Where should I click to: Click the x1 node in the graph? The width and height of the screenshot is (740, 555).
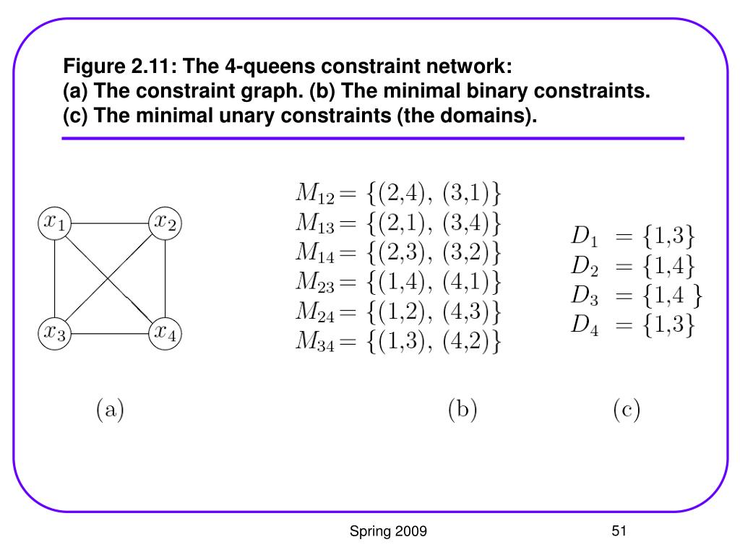(x=55, y=223)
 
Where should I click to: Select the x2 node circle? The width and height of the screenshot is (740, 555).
(x=165, y=223)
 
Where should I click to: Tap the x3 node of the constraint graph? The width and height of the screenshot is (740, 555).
(x=55, y=333)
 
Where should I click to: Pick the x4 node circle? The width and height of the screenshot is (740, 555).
(x=165, y=333)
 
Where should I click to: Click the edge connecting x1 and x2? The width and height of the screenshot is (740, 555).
(x=110, y=223)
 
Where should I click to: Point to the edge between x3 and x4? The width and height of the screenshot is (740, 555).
(x=110, y=334)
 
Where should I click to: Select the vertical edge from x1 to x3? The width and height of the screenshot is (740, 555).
(x=55, y=278)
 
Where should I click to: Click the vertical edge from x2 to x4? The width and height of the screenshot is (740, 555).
(x=165, y=278)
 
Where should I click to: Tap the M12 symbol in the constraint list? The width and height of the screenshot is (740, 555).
(x=315, y=194)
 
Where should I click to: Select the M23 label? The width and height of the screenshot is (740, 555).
(x=315, y=283)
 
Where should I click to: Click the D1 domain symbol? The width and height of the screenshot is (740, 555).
(x=585, y=236)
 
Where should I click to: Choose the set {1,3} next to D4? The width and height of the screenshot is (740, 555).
(x=668, y=324)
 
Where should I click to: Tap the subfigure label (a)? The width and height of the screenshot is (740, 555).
(x=110, y=409)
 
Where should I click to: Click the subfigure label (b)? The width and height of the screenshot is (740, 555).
(x=462, y=409)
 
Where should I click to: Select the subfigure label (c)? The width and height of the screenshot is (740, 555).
(x=627, y=409)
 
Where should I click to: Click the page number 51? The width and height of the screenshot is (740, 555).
(x=619, y=531)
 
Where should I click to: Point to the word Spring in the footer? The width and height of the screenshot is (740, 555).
(x=370, y=532)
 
